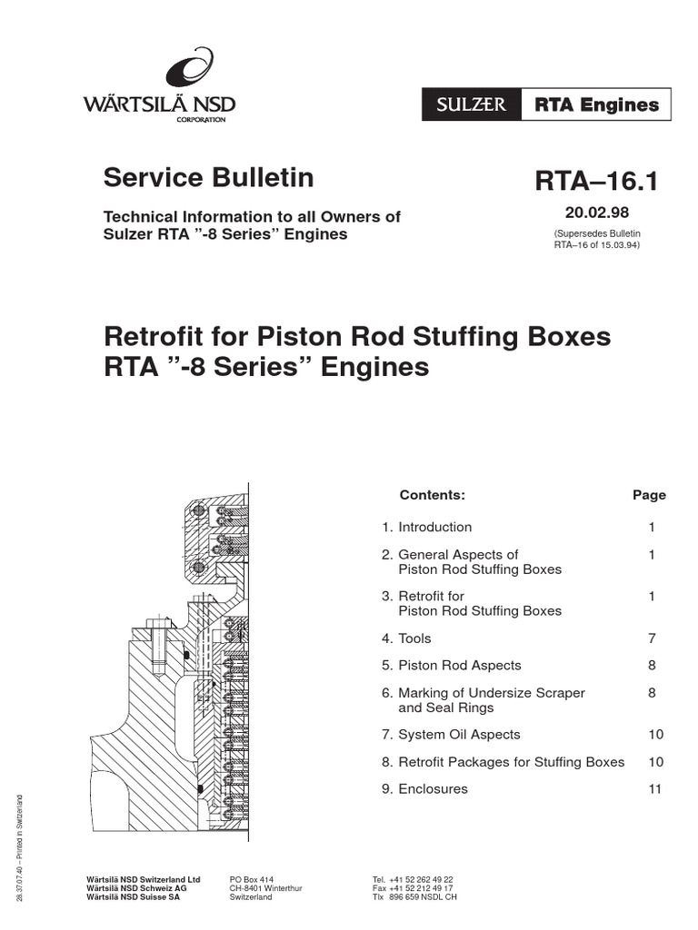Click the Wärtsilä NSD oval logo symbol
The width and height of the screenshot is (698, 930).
189,71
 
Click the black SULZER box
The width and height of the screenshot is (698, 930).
471,105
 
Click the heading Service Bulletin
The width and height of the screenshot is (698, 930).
209,178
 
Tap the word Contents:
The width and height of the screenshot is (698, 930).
432,495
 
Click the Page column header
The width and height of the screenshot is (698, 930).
649,495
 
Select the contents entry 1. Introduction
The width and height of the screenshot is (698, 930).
426,527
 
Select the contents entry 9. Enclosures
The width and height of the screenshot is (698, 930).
424,788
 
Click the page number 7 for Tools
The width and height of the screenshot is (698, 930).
653,638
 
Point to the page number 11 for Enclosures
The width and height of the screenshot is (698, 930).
655,788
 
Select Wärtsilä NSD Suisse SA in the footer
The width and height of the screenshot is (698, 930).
133,896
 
